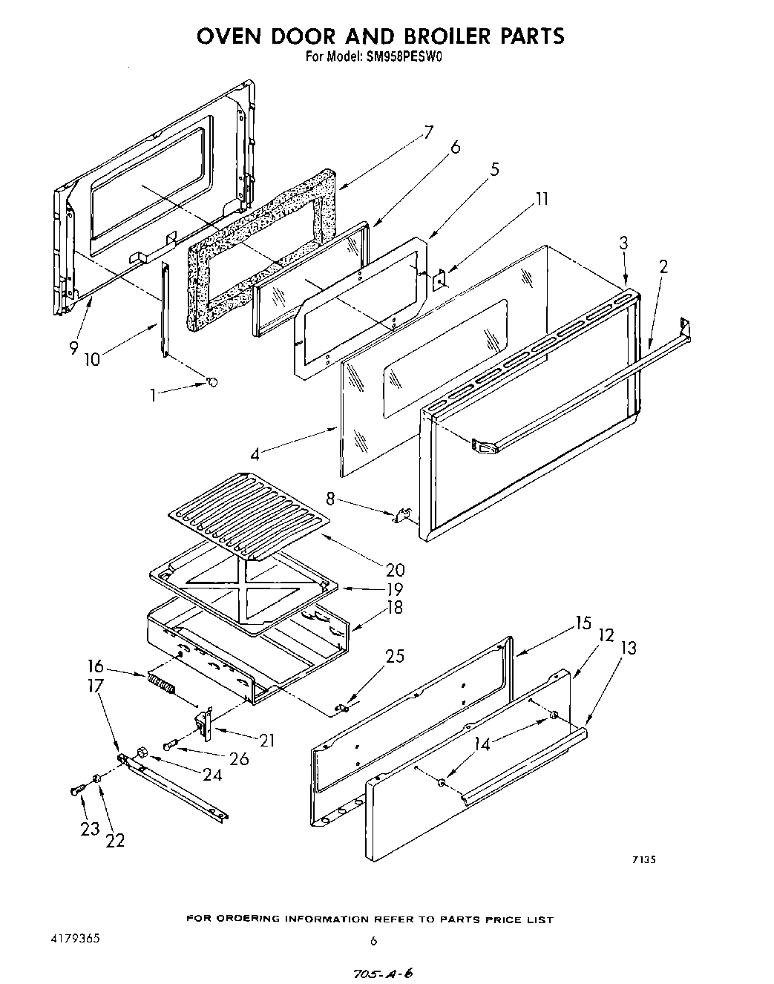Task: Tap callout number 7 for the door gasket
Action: [428, 133]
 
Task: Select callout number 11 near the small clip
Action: [542, 198]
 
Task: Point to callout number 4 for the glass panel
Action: [255, 454]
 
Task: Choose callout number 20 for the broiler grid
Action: [395, 569]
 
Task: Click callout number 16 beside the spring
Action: [96, 666]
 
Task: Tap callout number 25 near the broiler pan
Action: [395, 655]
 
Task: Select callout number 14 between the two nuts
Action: [483, 744]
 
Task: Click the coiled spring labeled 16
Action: [161, 684]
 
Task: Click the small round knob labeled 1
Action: [212, 381]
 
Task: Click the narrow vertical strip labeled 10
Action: [165, 309]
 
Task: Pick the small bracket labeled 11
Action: [439, 281]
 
